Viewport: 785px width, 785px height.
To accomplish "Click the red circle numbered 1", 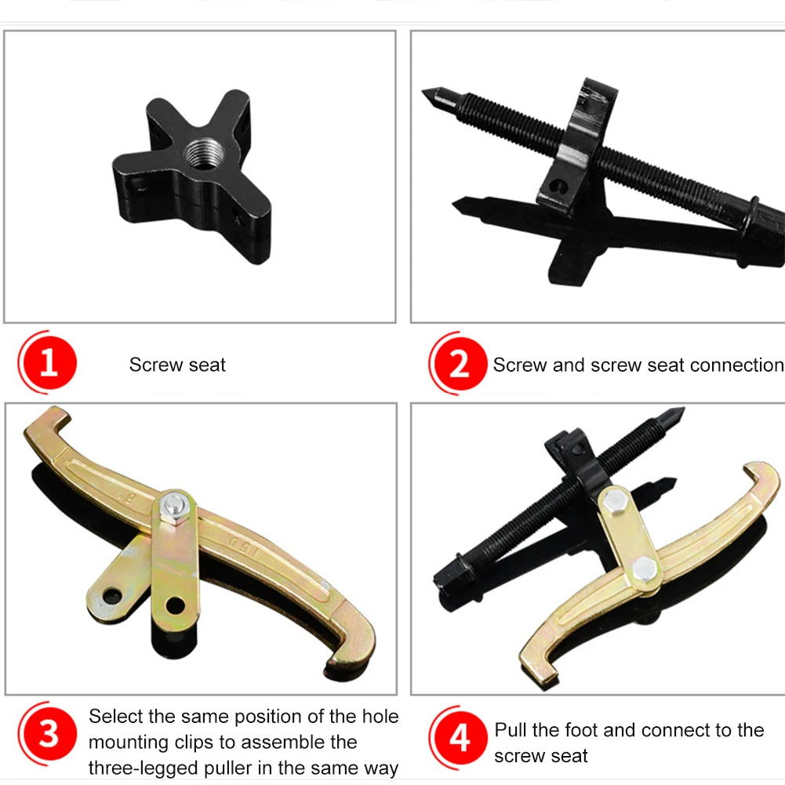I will click(49, 364).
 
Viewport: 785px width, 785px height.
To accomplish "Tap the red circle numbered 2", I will click(459, 364).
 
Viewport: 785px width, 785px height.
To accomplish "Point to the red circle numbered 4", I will click(459, 737).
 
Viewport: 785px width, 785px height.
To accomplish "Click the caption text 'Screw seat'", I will click(177, 365).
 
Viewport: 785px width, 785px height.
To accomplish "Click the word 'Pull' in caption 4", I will click(511, 730).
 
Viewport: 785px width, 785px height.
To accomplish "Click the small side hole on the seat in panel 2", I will click(558, 186).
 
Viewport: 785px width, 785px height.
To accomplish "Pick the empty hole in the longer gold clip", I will click(175, 606).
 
